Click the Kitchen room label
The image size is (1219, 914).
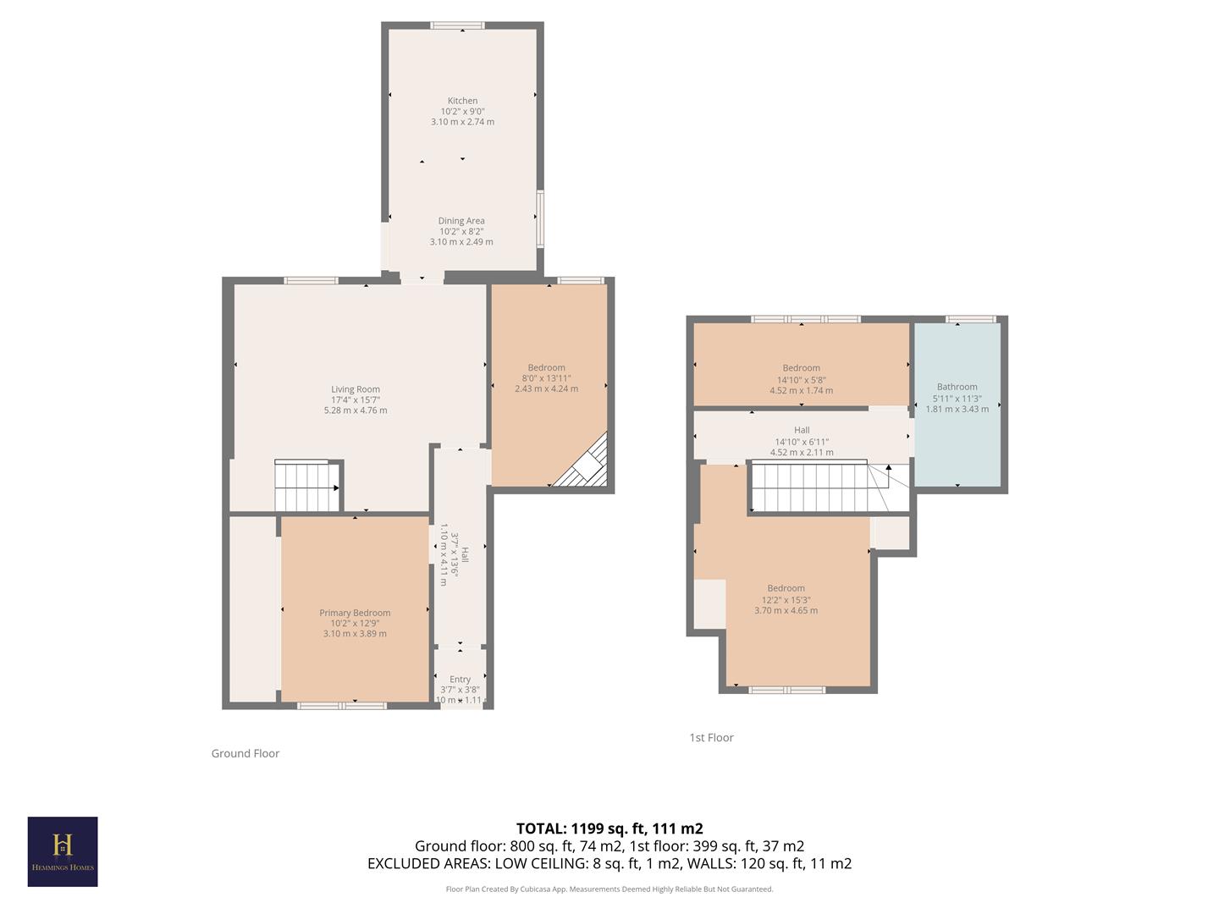(462, 101)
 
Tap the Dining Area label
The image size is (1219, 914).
(461, 221)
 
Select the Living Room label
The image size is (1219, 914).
(356, 389)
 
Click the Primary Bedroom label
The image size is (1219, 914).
(355, 613)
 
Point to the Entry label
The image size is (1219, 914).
(460, 680)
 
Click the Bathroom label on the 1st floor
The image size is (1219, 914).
(957, 387)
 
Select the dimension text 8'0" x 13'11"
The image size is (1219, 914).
(546, 378)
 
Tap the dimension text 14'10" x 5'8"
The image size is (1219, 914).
(801, 380)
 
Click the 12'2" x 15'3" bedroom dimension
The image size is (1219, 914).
(786, 600)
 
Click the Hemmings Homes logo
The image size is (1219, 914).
(63, 851)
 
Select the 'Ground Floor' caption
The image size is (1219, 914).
(245, 753)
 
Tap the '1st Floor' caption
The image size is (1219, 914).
(711, 738)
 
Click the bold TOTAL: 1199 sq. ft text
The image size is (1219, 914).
(609, 829)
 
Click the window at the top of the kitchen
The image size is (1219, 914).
(457, 25)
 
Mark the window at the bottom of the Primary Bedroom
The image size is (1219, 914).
(342, 705)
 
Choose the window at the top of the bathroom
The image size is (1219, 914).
(970, 319)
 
